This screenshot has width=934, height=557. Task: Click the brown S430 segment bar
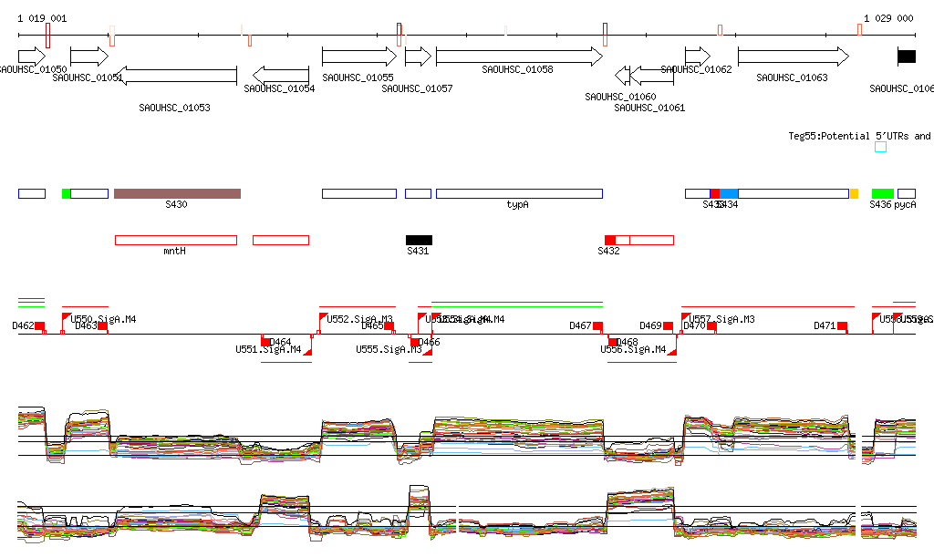click(177, 193)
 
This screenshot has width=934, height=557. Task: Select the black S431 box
click(419, 240)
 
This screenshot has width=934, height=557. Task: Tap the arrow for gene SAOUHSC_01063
click(793, 57)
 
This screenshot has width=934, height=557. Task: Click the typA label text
click(518, 205)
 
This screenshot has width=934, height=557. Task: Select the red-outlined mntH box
click(175, 240)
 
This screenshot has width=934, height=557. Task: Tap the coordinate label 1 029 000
click(888, 18)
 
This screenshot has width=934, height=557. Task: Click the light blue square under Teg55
click(880, 147)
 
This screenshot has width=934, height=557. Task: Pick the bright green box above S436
click(882, 193)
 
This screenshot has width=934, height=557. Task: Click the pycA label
click(905, 205)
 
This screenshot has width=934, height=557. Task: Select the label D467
click(580, 325)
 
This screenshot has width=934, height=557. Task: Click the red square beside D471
click(842, 325)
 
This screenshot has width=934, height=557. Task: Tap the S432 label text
click(608, 251)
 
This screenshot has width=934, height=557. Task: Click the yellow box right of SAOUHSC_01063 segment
click(854, 193)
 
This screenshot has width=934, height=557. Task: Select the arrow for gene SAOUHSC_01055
click(359, 57)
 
